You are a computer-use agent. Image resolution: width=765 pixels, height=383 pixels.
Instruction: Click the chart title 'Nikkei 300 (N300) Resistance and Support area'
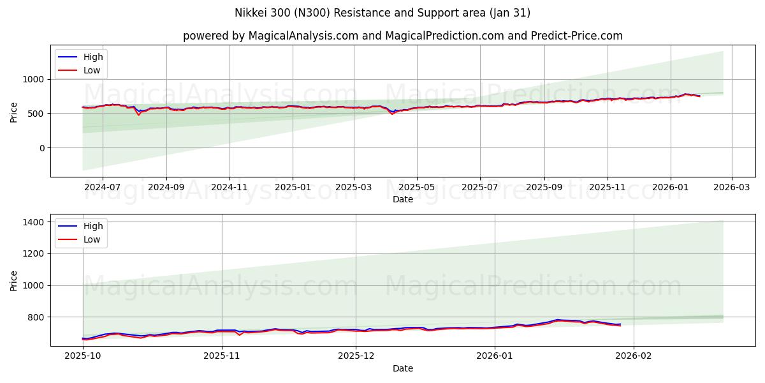tap(382, 13)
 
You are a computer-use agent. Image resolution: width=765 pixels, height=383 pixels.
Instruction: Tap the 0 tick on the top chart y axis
tap(41, 148)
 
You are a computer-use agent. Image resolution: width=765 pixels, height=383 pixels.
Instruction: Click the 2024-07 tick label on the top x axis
tap(103, 188)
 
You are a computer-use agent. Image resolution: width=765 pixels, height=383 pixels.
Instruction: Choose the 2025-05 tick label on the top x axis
tap(417, 188)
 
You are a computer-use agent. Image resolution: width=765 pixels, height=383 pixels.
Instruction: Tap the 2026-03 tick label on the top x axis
tap(731, 188)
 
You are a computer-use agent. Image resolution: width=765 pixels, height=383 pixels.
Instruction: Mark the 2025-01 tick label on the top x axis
tap(293, 188)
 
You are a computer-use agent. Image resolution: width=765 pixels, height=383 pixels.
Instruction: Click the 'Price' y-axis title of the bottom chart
tap(14, 280)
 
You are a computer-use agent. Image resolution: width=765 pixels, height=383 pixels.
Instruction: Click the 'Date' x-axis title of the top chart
tap(402, 199)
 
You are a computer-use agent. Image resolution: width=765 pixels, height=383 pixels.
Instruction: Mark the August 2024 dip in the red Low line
tap(138, 115)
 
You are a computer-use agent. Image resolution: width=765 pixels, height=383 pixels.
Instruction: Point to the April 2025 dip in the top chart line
tap(392, 114)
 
